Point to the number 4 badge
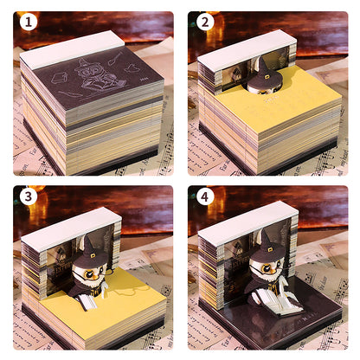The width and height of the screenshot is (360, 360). [x=205, y=197]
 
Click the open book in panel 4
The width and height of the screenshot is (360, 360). [x=278, y=300]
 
